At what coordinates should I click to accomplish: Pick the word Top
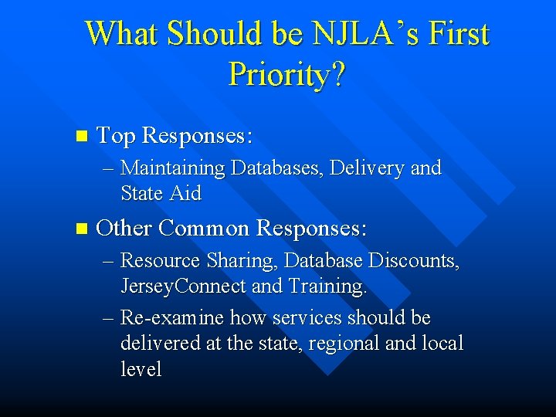coord(115,136)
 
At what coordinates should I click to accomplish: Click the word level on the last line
coord(141,369)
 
